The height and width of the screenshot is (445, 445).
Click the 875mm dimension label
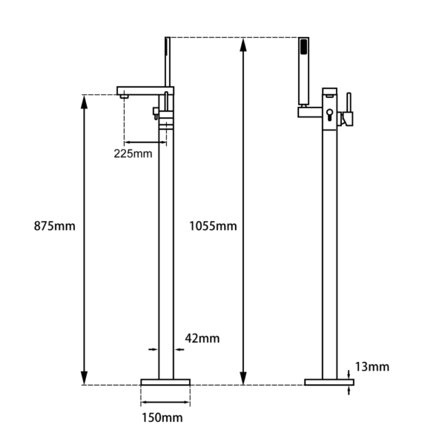point(54,226)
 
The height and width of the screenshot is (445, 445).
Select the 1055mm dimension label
point(213,226)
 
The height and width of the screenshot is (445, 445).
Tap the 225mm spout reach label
point(133,154)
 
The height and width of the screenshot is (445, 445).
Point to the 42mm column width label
point(202,338)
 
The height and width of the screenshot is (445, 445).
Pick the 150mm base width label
point(162,418)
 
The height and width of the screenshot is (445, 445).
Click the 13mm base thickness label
point(372,366)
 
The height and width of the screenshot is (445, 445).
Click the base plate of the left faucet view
point(165,382)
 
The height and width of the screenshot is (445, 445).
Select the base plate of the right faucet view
point(329,382)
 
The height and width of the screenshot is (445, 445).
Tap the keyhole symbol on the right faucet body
point(329,114)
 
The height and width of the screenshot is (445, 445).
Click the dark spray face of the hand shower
point(303,47)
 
